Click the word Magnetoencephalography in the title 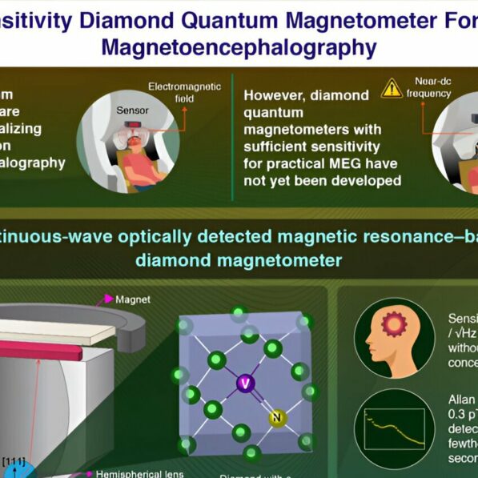point(238,46)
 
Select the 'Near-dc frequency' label point(436,86)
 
